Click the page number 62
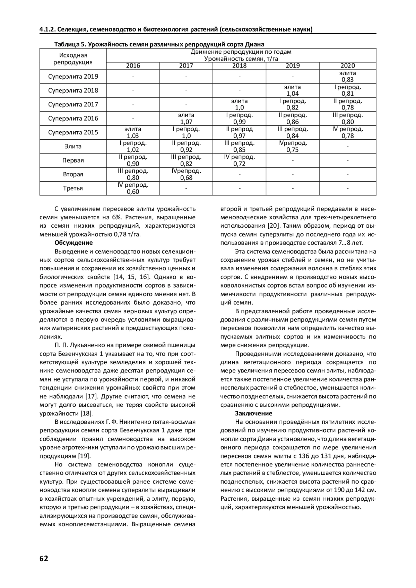[x=44, y=558]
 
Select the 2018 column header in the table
[x=239, y=65]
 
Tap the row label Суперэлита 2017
[x=73, y=104]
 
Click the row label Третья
[x=73, y=188]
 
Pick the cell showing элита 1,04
[x=293, y=90]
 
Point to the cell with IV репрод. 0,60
[x=133, y=188]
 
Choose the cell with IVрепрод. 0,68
[x=186, y=174]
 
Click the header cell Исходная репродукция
[x=73, y=59]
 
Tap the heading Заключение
[x=253, y=413]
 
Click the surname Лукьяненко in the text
[x=87, y=345]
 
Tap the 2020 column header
[x=347, y=65]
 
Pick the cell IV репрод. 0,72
[x=239, y=160]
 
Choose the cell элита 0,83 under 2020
[x=347, y=77]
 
